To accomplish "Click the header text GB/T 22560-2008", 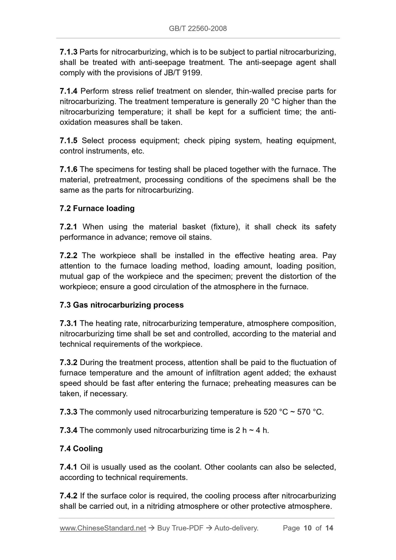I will click(198, 28).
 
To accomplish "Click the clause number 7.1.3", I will click(69, 52).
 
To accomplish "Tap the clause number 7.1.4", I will click(69, 91).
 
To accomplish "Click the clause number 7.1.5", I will click(69, 141).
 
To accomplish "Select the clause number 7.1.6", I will click(69, 169).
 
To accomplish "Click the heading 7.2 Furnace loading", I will click(97, 208).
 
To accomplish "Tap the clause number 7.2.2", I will click(69, 256).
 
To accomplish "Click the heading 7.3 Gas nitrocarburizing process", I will click(122, 305).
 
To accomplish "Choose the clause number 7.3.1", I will click(69, 323).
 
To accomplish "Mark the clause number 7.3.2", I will click(69, 362).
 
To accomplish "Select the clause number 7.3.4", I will click(69, 430).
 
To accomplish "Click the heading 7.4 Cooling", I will click(81, 448).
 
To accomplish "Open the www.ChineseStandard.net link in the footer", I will click(103, 528).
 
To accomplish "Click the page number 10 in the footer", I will click(308, 528).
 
